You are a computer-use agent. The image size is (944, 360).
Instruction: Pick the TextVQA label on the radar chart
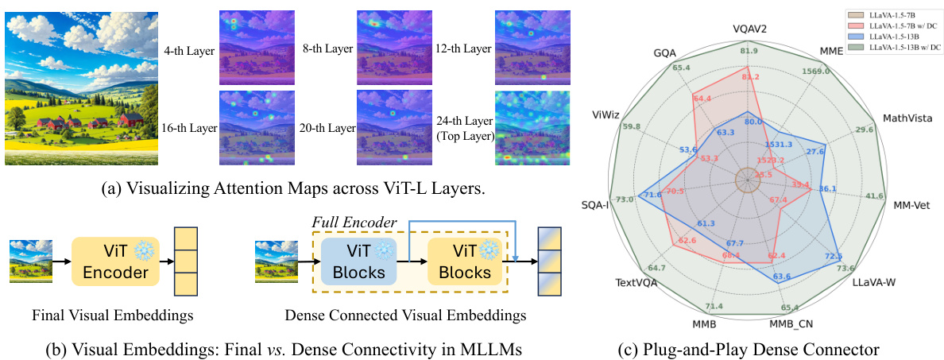(630, 281)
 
